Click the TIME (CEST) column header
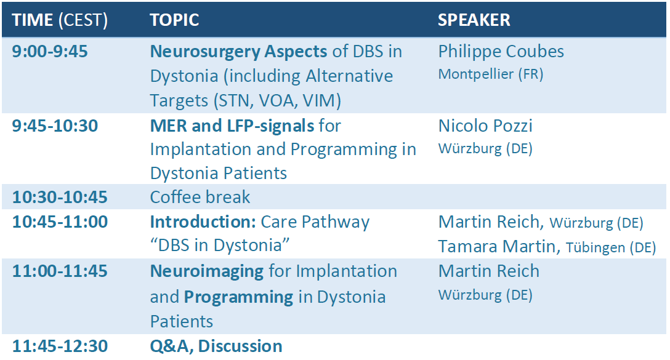tap(60, 20)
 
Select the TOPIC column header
tap(174, 20)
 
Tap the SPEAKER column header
tap(474, 20)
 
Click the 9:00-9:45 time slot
tap(50, 52)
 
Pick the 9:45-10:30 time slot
tap(55, 126)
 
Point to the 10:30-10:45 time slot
tap(60, 198)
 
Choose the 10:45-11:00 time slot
tap(60, 222)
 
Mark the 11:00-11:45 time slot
tap(60, 271)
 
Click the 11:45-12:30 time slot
tap(60, 346)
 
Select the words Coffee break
tap(200, 198)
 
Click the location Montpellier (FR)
tap(491, 74)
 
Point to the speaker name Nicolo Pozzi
tap(485, 126)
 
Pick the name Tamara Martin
tap(496, 247)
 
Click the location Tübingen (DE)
tap(611, 247)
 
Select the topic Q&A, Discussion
tap(216, 346)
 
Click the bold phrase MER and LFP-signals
tap(232, 126)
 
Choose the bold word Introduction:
tap(203, 222)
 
